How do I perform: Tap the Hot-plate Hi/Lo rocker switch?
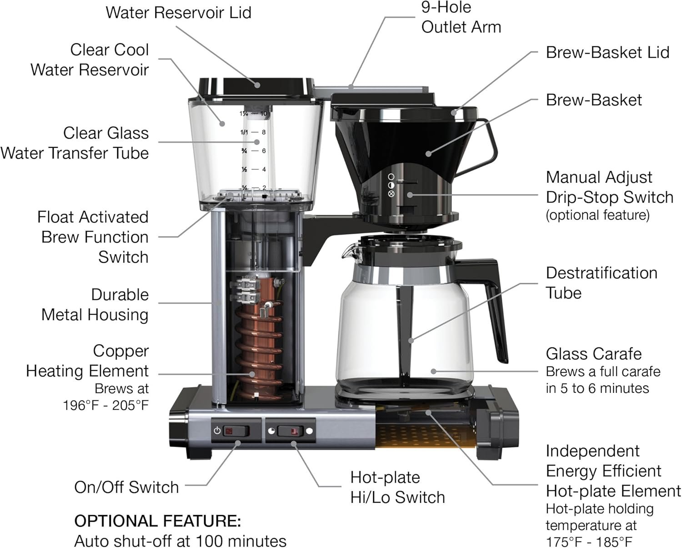tap(290, 431)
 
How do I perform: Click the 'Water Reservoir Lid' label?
tap(178, 12)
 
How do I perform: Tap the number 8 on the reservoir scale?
tap(264, 132)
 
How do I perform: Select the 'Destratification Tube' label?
tap(601, 282)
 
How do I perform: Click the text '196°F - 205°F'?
tap(105, 405)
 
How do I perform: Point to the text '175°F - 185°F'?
tap(589, 542)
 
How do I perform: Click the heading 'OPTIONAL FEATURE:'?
tap(157, 521)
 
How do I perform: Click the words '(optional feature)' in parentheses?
tap(597, 215)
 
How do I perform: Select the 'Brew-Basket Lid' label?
tap(607, 52)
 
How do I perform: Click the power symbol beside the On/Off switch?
tap(217, 430)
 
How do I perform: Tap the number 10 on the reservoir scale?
tap(263, 113)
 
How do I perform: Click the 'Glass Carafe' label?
tap(593, 353)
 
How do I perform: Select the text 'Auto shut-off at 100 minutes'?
tap(180, 541)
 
